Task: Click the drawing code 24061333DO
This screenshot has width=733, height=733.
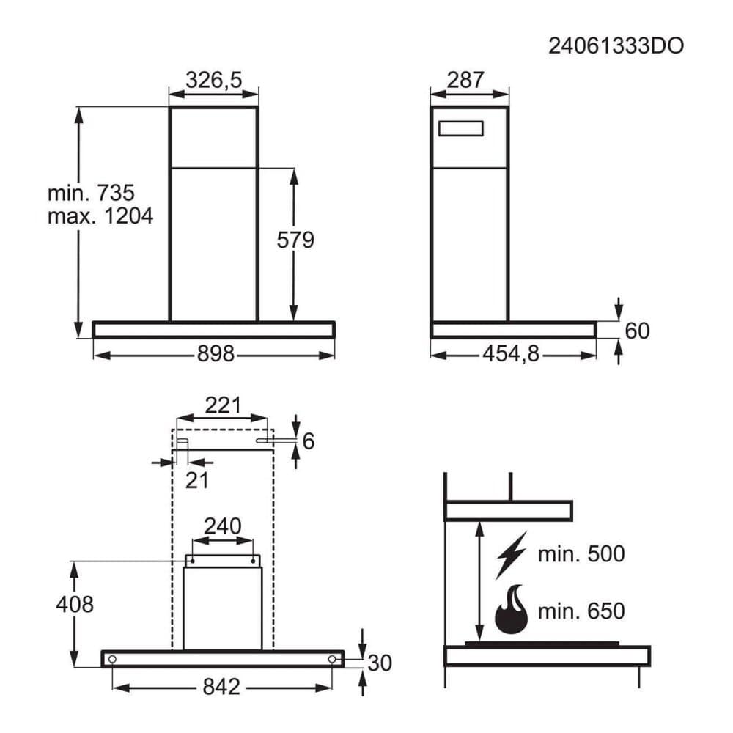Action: tap(616, 45)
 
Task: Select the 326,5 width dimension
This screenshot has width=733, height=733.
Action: tap(213, 80)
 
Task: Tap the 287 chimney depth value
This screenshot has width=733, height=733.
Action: tap(465, 80)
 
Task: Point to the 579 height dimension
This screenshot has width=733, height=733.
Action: tap(295, 240)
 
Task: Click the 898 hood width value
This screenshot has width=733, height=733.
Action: tap(216, 354)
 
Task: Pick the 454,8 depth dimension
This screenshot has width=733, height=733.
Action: tap(511, 354)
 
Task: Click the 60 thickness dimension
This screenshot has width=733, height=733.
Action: tap(637, 331)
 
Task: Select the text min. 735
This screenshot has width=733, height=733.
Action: tap(91, 193)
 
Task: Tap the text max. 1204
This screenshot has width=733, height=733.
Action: tap(100, 216)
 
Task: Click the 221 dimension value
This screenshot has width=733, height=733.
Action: tap(223, 405)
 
